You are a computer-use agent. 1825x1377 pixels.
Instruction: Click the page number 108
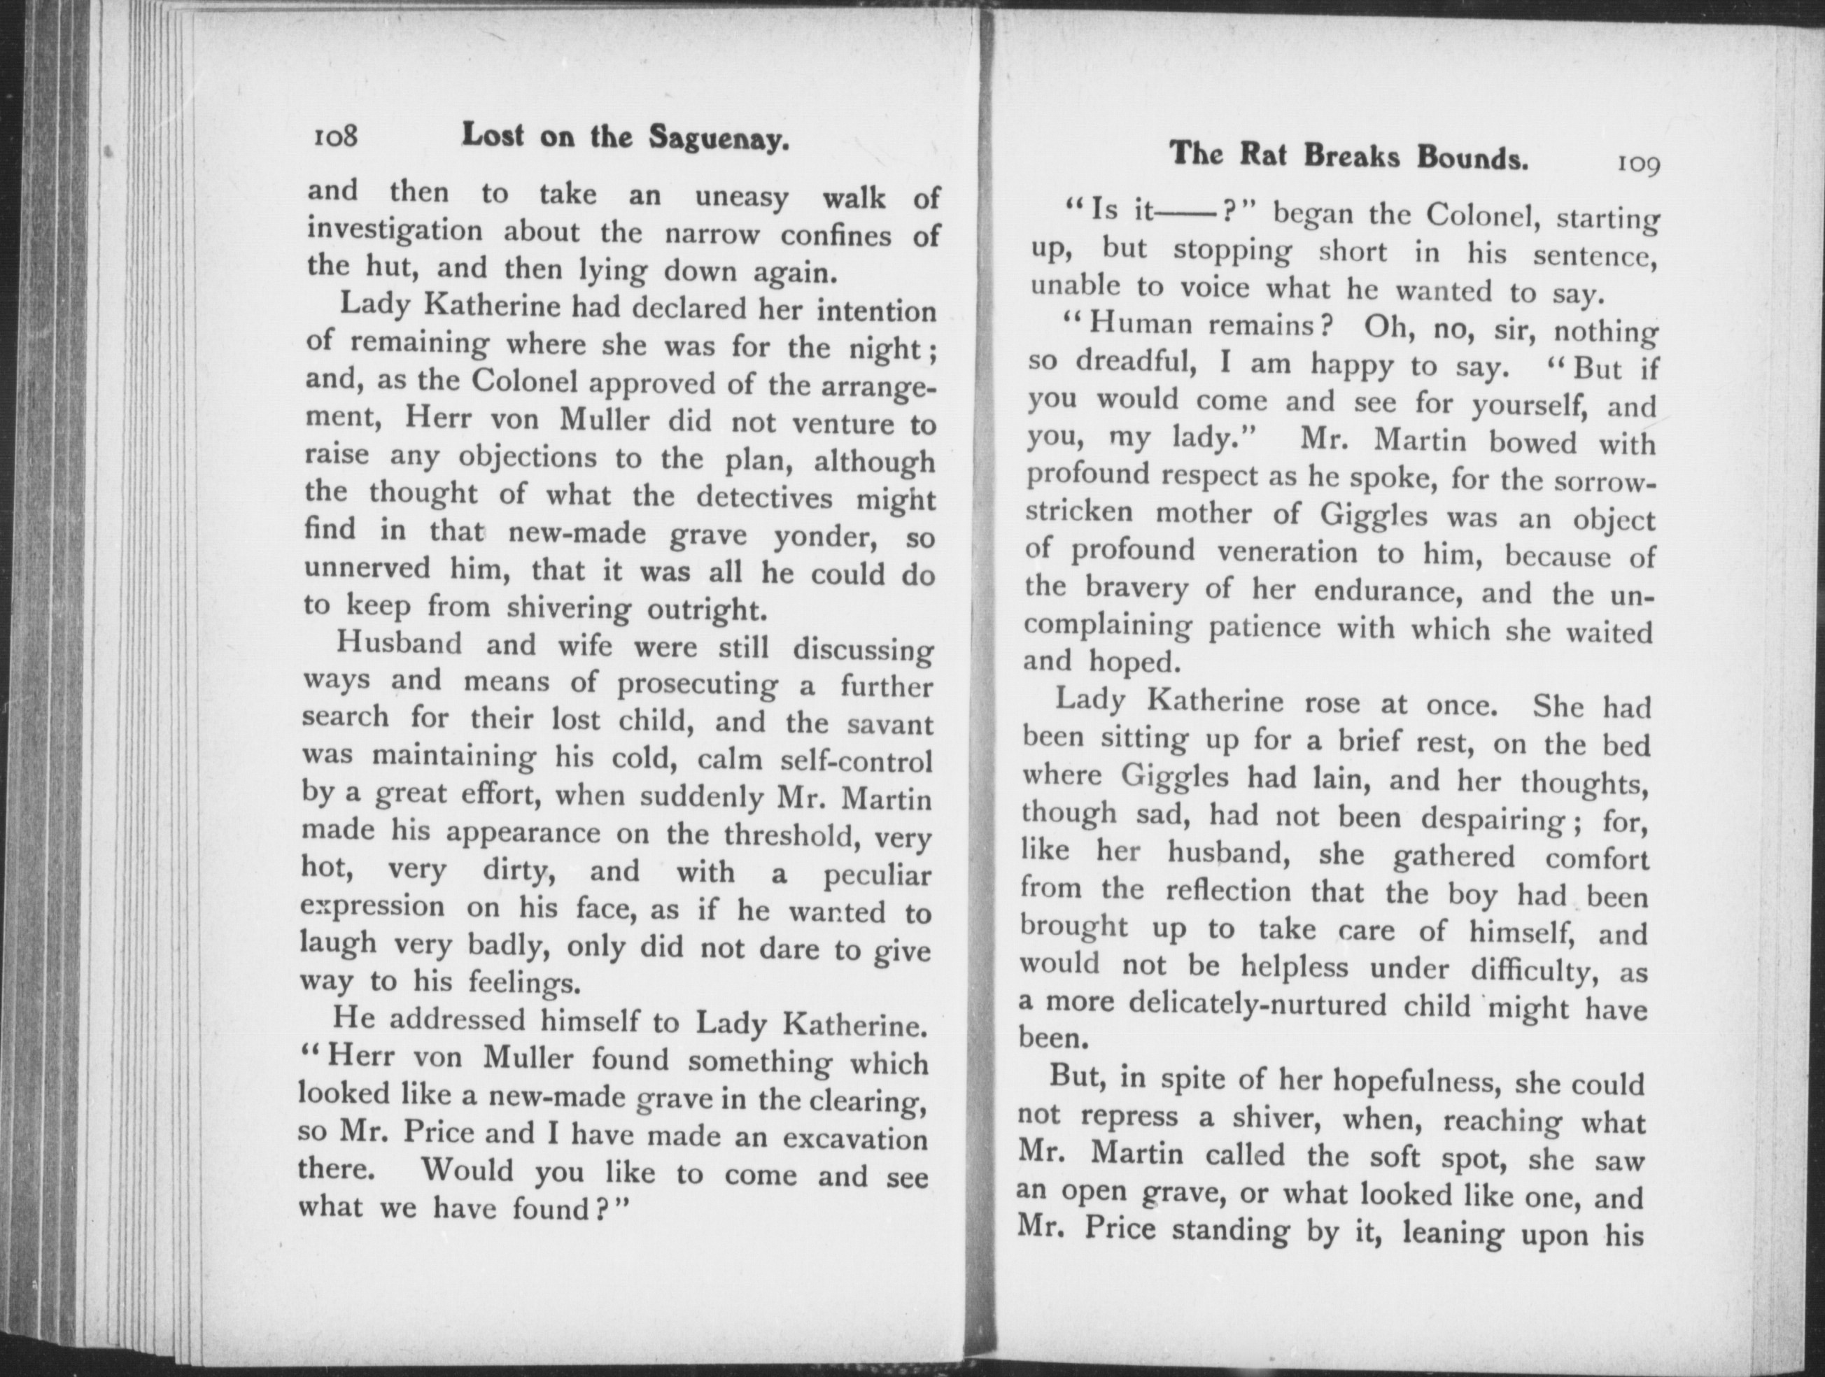coord(335,135)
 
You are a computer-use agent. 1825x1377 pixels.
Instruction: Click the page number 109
coord(1637,165)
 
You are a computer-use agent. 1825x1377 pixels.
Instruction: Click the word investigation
coord(395,230)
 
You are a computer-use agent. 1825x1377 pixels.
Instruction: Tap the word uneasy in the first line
coord(742,198)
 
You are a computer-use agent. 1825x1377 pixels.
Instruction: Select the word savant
coord(890,724)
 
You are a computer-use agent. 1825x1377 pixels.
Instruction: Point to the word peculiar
coord(876,875)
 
